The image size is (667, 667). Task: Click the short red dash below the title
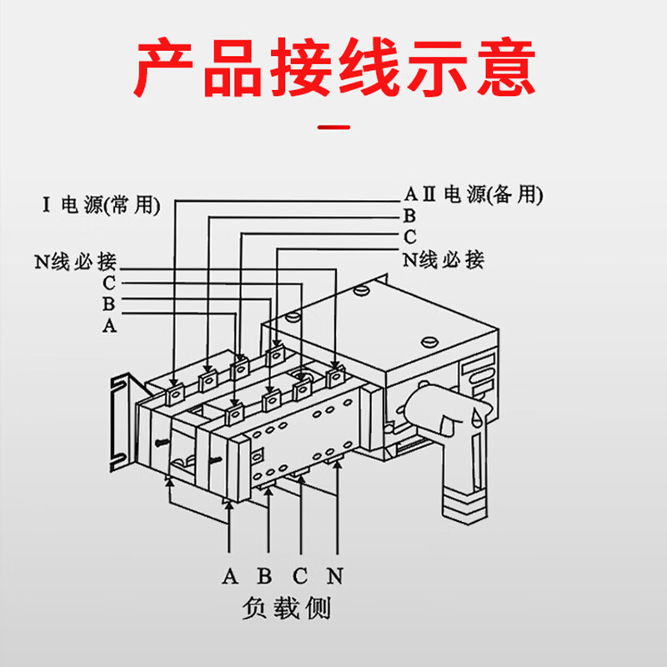(334, 128)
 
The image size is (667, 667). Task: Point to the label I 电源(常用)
(100, 206)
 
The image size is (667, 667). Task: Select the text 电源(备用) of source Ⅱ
(493, 195)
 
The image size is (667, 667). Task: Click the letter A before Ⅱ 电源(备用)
(409, 195)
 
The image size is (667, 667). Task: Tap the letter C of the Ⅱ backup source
(409, 238)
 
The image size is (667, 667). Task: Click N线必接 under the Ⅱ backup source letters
(444, 259)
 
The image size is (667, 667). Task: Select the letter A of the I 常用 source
(108, 326)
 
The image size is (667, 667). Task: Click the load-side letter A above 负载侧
(230, 576)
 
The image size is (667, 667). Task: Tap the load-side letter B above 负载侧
(265, 576)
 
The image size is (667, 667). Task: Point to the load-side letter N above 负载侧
(335, 576)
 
